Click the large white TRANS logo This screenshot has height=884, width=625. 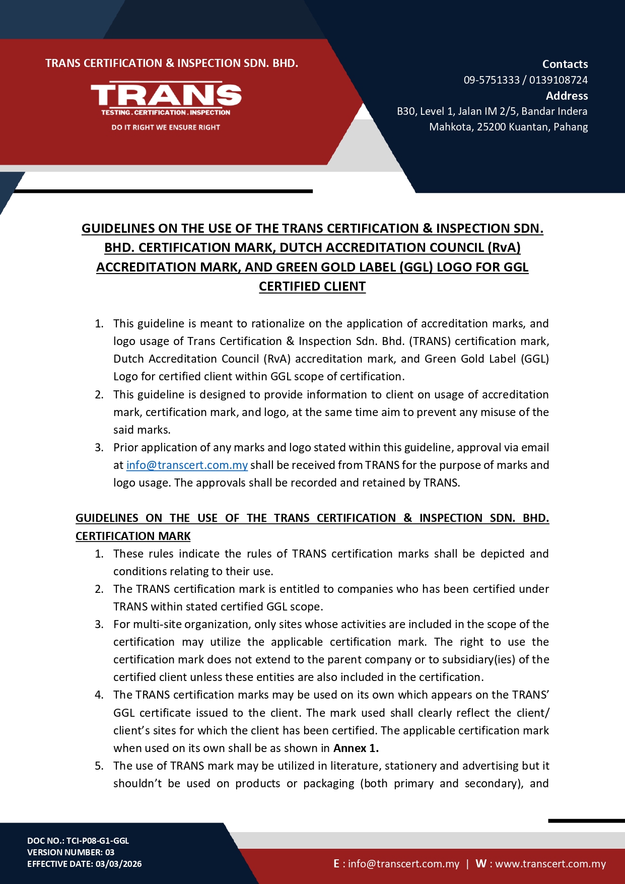(166, 95)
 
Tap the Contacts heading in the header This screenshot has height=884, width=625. (565, 64)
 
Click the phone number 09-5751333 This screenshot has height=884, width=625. (491, 80)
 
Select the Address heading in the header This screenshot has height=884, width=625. (567, 96)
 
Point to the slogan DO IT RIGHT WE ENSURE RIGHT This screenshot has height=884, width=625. (166, 127)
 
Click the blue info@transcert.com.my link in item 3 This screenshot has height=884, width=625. (187, 465)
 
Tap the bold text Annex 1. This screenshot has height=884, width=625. (356, 748)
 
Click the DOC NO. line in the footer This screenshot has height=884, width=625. (78, 840)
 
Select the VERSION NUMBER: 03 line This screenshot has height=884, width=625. (71, 852)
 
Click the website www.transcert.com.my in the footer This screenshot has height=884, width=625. (550, 864)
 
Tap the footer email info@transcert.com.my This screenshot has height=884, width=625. (403, 864)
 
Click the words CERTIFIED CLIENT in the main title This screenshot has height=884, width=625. (312, 286)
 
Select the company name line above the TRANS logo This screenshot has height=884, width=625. (172, 63)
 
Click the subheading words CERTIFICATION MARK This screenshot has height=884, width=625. (133, 536)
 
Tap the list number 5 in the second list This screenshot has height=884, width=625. (99, 766)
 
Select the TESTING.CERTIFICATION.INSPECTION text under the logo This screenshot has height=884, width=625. (166, 112)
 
